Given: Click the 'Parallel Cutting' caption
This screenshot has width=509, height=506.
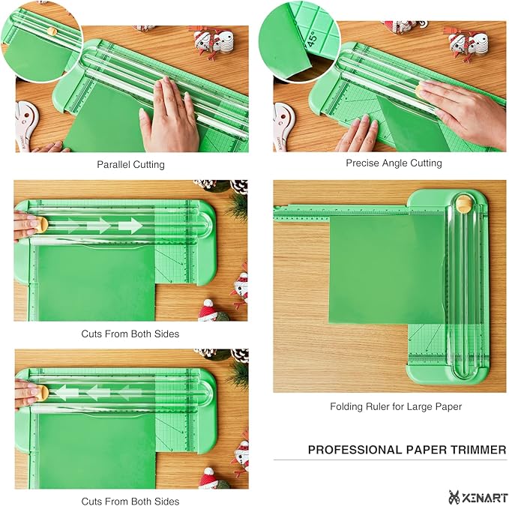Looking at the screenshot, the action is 130,165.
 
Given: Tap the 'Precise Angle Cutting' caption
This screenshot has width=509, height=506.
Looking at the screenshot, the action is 394,163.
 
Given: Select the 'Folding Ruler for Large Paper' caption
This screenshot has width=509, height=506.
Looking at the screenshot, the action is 396,406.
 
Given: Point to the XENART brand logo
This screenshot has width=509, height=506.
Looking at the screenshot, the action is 478,497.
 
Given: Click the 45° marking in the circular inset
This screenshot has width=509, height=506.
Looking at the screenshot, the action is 313,40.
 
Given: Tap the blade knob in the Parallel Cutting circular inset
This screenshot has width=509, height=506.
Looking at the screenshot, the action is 52,31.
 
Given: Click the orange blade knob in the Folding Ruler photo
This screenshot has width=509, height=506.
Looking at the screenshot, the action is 464,204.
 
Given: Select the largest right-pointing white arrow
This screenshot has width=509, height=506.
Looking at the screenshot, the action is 130,226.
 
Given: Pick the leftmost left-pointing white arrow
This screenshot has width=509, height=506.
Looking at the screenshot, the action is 66,393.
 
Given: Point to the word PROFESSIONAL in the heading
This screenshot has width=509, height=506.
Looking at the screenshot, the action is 355,450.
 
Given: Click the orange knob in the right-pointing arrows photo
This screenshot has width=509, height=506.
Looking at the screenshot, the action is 41,225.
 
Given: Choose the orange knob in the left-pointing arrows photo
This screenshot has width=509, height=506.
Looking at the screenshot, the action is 42,393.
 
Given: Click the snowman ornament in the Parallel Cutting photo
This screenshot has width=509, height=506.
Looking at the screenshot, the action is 214,41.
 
